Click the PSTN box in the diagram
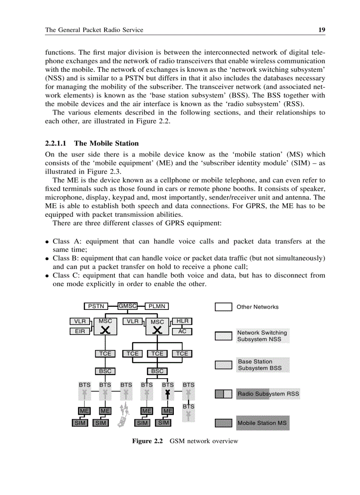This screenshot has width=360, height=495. coord(96,306)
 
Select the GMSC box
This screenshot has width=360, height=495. coord(127,305)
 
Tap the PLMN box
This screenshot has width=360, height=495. coord(157,306)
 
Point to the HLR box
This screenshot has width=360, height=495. coord(182,321)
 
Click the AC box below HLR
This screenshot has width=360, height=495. coord(182,331)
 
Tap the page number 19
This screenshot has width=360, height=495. coord(322,30)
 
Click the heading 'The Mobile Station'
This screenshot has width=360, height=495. coord(106,143)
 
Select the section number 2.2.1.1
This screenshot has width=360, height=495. coord(57,143)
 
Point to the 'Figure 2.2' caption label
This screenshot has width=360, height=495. coord(148,441)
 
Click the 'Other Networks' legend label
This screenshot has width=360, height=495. coord(258,307)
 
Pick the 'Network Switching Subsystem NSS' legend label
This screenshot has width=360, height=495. coord(262,336)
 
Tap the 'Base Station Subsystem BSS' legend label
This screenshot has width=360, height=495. coord(259,365)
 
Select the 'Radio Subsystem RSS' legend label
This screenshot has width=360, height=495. coord(268,394)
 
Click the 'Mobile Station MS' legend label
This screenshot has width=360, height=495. coord(262,423)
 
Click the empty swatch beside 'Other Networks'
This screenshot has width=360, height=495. coord(223,307)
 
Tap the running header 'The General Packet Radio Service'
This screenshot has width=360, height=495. coord(94,30)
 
